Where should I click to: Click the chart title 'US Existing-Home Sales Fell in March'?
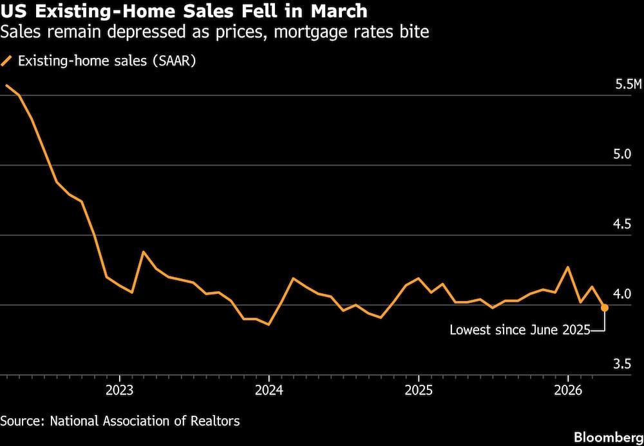tap(184, 11)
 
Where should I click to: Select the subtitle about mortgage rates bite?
tap(215, 32)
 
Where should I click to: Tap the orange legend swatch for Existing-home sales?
tap(7, 62)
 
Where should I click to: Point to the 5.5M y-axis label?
tap(629, 85)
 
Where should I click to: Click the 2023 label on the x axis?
tap(119, 391)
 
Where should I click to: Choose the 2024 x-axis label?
tap(269, 391)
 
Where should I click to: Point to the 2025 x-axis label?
tap(419, 391)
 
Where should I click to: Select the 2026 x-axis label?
tap(568, 391)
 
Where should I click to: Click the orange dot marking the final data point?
tap(605, 308)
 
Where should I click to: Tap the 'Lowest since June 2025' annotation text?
tap(520, 330)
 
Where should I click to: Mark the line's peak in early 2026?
tap(567, 267)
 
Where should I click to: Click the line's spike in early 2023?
tap(143, 252)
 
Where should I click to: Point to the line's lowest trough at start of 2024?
tap(268, 324)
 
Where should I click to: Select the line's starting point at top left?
tap(6, 85)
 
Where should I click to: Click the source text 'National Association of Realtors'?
tap(144, 421)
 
